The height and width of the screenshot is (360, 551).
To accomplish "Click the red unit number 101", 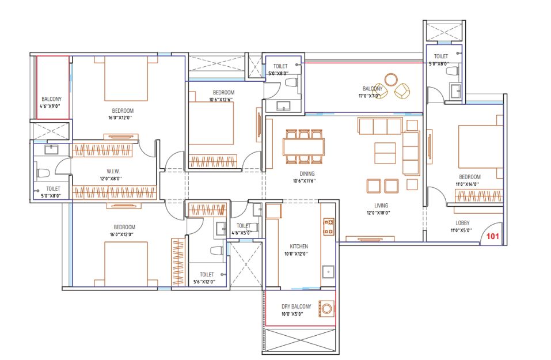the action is (x=492, y=236).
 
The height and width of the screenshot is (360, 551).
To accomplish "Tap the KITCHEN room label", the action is (x=299, y=247).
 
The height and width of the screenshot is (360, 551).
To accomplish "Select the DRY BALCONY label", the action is (x=297, y=306).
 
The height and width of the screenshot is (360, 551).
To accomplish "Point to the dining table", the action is (x=303, y=147).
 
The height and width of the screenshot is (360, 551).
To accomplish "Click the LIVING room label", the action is (x=381, y=206).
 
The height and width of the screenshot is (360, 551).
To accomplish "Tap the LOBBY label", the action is (x=462, y=223).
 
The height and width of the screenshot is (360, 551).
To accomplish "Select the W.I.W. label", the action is (x=113, y=172).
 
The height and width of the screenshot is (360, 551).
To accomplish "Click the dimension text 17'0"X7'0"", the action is (x=369, y=96).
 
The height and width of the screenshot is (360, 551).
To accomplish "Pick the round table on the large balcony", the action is (x=391, y=79).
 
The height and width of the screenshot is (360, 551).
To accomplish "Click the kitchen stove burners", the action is (x=329, y=227).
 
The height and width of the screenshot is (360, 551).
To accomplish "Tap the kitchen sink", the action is (x=328, y=272).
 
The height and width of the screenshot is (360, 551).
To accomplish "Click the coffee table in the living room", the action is (x=385, y=153).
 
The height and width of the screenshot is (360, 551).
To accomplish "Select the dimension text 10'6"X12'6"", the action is (x=221, y=100).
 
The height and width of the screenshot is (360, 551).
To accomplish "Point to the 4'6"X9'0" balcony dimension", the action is (x=50, y=106).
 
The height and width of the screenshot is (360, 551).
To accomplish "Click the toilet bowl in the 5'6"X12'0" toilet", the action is (x=216, y=251).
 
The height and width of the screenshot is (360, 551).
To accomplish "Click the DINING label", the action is (x=307, y=174).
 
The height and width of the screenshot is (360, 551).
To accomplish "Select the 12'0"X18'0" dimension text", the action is (x=378, y=213).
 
